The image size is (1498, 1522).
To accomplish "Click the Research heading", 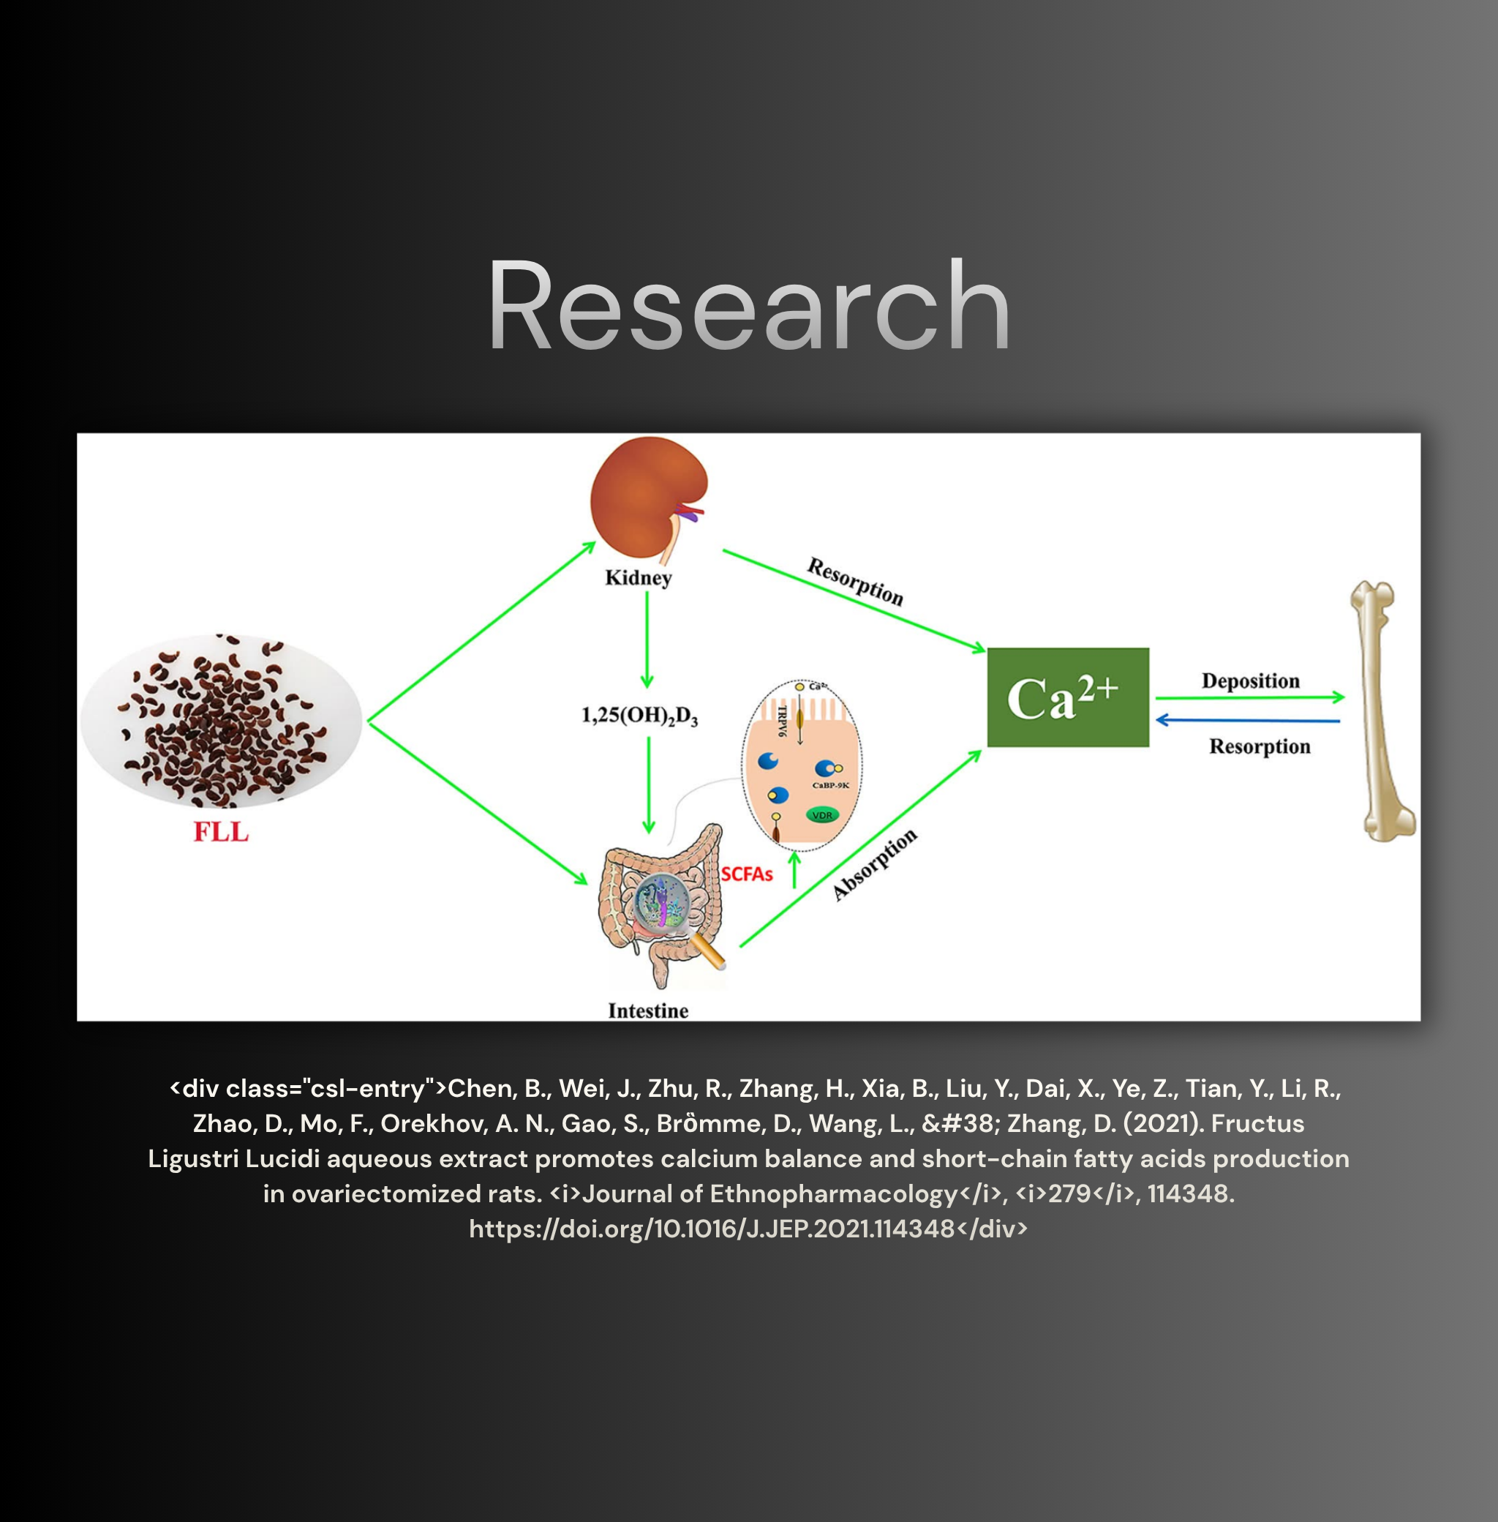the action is point(748,305).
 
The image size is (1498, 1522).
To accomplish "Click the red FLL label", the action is point(221,832).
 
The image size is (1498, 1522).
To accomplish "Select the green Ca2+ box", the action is point(1068,697).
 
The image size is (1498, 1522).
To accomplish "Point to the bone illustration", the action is point(1384,711).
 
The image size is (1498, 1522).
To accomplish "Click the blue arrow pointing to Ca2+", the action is point(1248,720).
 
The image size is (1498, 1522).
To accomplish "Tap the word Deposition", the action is point(1250,681).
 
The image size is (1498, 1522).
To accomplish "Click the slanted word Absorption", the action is point(875,864).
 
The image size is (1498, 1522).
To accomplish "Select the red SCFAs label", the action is point(747,874).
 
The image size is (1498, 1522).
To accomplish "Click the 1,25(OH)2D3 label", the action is point(639,716).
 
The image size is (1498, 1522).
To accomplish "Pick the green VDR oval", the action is point(822,815).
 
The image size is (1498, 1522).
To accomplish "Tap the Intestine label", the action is point(648,1011).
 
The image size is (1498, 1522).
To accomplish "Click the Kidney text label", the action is point(638,577).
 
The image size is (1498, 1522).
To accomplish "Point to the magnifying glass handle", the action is point(710,952).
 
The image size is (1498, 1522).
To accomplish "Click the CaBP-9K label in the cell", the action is point(831,785).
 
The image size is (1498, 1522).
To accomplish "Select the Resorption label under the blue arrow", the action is point(1260,746).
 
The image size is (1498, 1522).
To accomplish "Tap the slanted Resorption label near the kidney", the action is point(855,582).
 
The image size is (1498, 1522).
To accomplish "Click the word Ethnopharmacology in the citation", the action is point(833,1194).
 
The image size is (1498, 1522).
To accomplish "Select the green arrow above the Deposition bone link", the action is point(1250,697).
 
